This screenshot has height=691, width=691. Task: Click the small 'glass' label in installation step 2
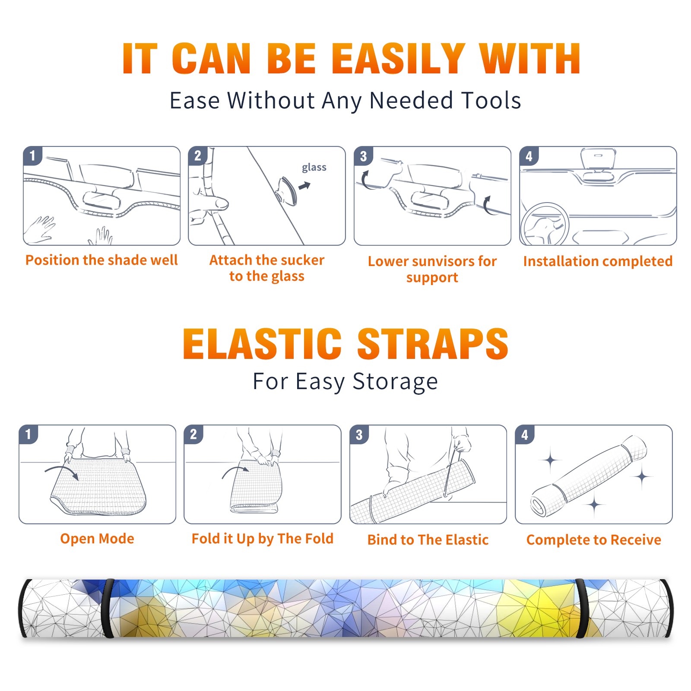tap(314, 168)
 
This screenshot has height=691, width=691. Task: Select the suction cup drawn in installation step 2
tap(287, 190)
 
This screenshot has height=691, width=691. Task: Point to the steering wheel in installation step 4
tap(545, 224)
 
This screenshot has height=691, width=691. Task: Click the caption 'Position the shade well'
tap(101, 260)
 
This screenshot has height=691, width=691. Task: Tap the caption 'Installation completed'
tap(598, 261)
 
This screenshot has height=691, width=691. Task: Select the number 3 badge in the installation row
tap(363, 156)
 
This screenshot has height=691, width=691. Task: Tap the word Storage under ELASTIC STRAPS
tap(395, 382)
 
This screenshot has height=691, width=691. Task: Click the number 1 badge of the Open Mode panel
tap(29, 434)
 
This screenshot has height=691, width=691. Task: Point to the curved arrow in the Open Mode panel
tap(61, 471)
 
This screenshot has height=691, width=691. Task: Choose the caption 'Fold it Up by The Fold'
tap(263, 539)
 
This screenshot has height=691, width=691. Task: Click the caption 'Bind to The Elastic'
tap(428, 540)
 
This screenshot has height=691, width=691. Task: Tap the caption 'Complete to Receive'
tap(594, 540)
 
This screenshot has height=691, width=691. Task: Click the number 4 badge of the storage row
tap(524, 434)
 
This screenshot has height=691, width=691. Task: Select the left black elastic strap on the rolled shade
tap(108, 609)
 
